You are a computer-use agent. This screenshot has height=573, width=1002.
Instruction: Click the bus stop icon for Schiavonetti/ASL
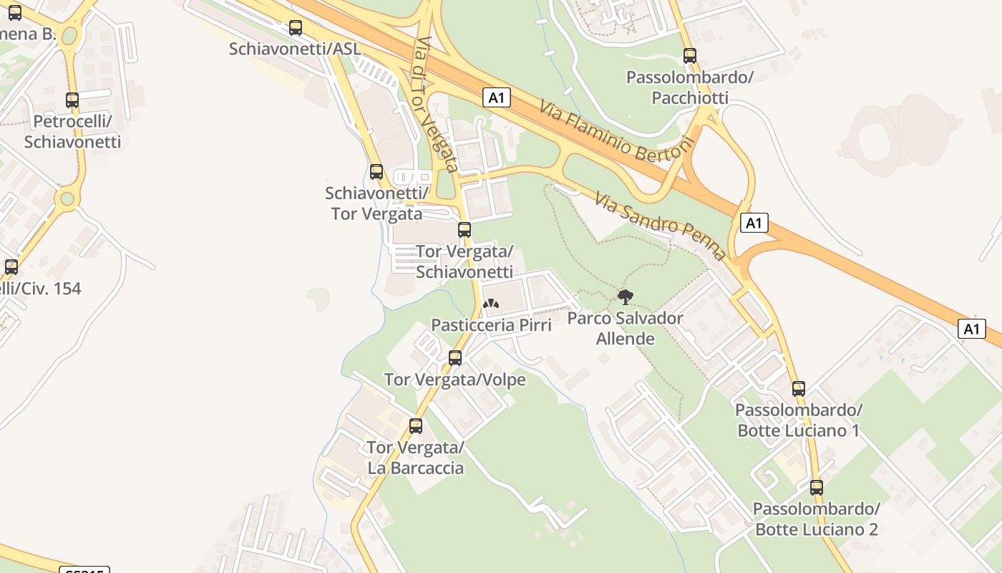tap(295, 28)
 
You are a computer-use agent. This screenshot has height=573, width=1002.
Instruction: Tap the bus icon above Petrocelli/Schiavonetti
tap(72, 100)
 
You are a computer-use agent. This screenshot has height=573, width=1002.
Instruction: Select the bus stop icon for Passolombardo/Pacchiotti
tap(689, 55)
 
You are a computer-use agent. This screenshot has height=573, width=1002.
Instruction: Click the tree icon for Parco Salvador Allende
tap(625, 297)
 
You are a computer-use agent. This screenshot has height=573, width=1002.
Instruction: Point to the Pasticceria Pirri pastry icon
tap(491, 304)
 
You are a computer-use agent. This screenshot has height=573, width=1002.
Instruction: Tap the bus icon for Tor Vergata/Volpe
tap(455, 358)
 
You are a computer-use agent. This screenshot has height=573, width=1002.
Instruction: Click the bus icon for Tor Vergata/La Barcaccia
tap(416, 426)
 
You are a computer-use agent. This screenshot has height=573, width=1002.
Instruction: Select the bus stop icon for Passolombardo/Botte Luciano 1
tap(799, 389)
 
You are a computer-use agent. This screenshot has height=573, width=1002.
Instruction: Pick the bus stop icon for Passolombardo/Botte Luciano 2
tap(817, 488)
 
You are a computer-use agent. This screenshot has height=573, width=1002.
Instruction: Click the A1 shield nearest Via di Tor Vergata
tap(497, 97)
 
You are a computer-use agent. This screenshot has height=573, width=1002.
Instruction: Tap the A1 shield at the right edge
tap(971, 329)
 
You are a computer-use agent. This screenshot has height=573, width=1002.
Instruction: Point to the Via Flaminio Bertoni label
tap(617, 129)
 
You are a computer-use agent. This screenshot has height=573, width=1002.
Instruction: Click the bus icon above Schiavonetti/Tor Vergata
tap(376, 172)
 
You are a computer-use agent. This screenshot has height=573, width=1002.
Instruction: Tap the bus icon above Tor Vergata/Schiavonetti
tap(464, 230)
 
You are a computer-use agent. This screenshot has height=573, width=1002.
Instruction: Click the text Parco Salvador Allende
tap(625, 327)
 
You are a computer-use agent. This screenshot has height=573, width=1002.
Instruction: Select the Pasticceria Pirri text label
tap(491, 325)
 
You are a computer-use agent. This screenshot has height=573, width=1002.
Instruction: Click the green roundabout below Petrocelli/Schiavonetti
tap(67, 198)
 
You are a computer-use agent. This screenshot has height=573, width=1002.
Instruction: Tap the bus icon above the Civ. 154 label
tap(11, 267)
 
